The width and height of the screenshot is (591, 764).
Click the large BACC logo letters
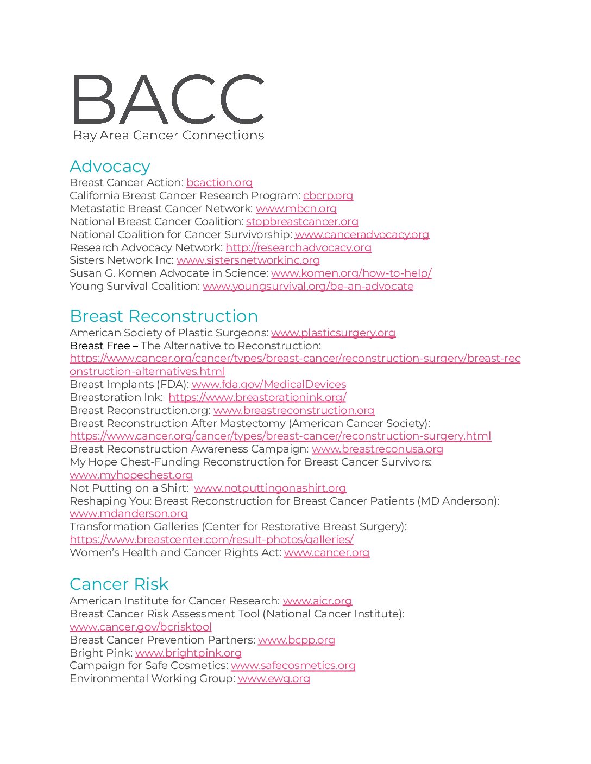click(x=168, y=99)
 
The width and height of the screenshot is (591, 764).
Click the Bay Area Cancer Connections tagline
click(x=168, y=136)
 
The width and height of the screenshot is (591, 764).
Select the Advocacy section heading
click(x=110, y=167)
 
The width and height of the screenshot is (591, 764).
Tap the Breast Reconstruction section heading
click(x=164, y=316)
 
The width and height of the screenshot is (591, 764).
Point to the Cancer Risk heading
click(x=119, y=584)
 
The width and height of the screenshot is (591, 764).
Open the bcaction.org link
click(x=219, y=183)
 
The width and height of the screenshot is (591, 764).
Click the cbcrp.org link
click(x=328, y=196)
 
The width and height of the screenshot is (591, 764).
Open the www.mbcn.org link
click(x=296, y=209)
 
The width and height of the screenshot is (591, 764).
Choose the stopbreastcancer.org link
click(x=302, y=222)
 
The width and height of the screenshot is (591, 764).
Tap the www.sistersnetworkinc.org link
click(x=248, y=260)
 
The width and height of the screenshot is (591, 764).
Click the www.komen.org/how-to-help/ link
click(x=351, y=273)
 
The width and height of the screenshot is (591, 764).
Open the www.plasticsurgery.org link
click(x=333, y=333)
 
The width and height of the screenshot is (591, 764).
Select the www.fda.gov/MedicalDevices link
click(x=269, y=385)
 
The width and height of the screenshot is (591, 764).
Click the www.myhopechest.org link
click(x=131, y=475)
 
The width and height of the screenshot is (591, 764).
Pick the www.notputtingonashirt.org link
click(x=270, y=488)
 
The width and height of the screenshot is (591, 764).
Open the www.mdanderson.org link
click(x=129, y=514)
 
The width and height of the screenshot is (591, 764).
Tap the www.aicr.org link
click(x=317, y=601)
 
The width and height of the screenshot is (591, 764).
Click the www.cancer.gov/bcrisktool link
click(x=141, y=627)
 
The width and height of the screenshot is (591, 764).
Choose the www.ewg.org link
click(x=274, y=679)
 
